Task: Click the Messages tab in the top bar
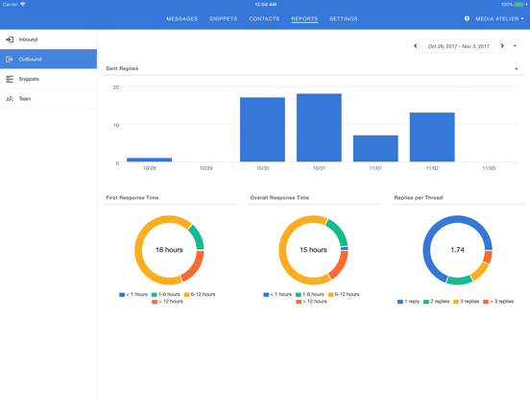click(181, 18)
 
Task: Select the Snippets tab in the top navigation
click(224, 18)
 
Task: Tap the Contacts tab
click(264, 18)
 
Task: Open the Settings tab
click(344, 18)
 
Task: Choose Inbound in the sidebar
click(28, 39)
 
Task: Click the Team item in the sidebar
click(25, 99)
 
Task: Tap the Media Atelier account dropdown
click(499, 18)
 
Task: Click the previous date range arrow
click(416, 46)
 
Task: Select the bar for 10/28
click(150, 160)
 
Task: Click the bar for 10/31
click(319, 128)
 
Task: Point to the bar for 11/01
click(375, 148)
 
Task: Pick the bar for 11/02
click(432, 137)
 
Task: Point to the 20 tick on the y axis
click(116, 87)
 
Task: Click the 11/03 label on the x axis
click(489, 168)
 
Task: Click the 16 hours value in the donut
click(169, 250)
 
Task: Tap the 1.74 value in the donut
click(457, 250)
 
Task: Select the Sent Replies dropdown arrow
click(517, 69)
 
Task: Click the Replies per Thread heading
click(418, 198)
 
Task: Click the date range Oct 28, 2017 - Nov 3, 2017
click(458, 46)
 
